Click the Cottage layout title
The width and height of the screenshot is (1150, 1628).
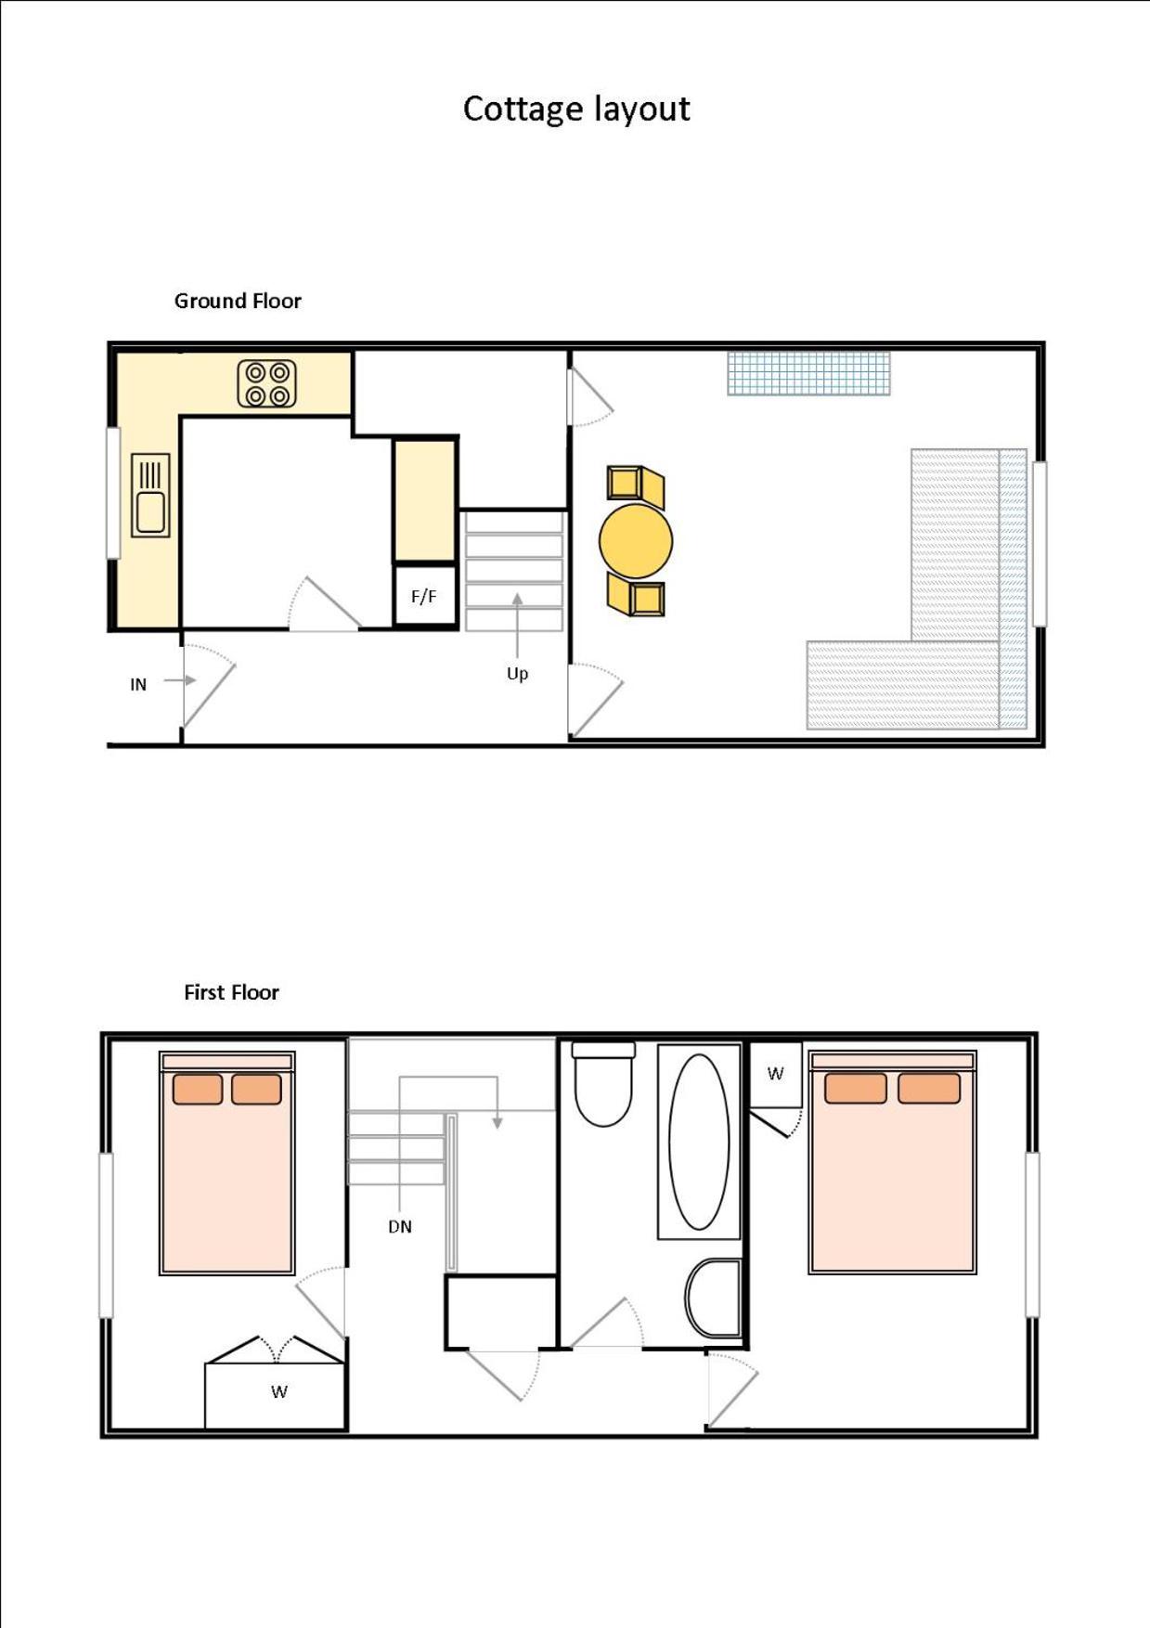tap(576, 110)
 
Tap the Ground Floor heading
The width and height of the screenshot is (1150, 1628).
tap(238, 301)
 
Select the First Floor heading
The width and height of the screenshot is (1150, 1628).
tap(231, 992)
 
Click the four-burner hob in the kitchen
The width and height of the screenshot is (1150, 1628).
tap(267, 384)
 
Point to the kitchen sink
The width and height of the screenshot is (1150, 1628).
tap(150, 495)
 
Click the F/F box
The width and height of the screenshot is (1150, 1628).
tap(424, 596)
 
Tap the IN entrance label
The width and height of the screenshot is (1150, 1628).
tap(138, 685)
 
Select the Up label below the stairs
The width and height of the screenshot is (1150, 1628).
tap(517, 674)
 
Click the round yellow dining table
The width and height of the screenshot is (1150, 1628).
tap(636, 540)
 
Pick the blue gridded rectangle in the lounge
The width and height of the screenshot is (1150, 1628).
tap(808, 373)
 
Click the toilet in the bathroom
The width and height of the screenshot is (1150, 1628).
tap(603, 1084)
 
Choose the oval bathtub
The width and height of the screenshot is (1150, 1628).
tap(699, 1142)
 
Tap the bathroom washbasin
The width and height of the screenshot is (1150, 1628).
tap(714, 1298)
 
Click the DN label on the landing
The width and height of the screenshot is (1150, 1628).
tap(400, 1227)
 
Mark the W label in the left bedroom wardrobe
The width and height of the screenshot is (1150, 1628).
tap(279, 1391)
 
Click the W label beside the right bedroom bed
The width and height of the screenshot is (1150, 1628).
tap(775, 1074)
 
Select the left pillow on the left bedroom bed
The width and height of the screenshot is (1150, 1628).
tap(197, 1089)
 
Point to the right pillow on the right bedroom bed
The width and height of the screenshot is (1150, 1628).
tap(929, 1088)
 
